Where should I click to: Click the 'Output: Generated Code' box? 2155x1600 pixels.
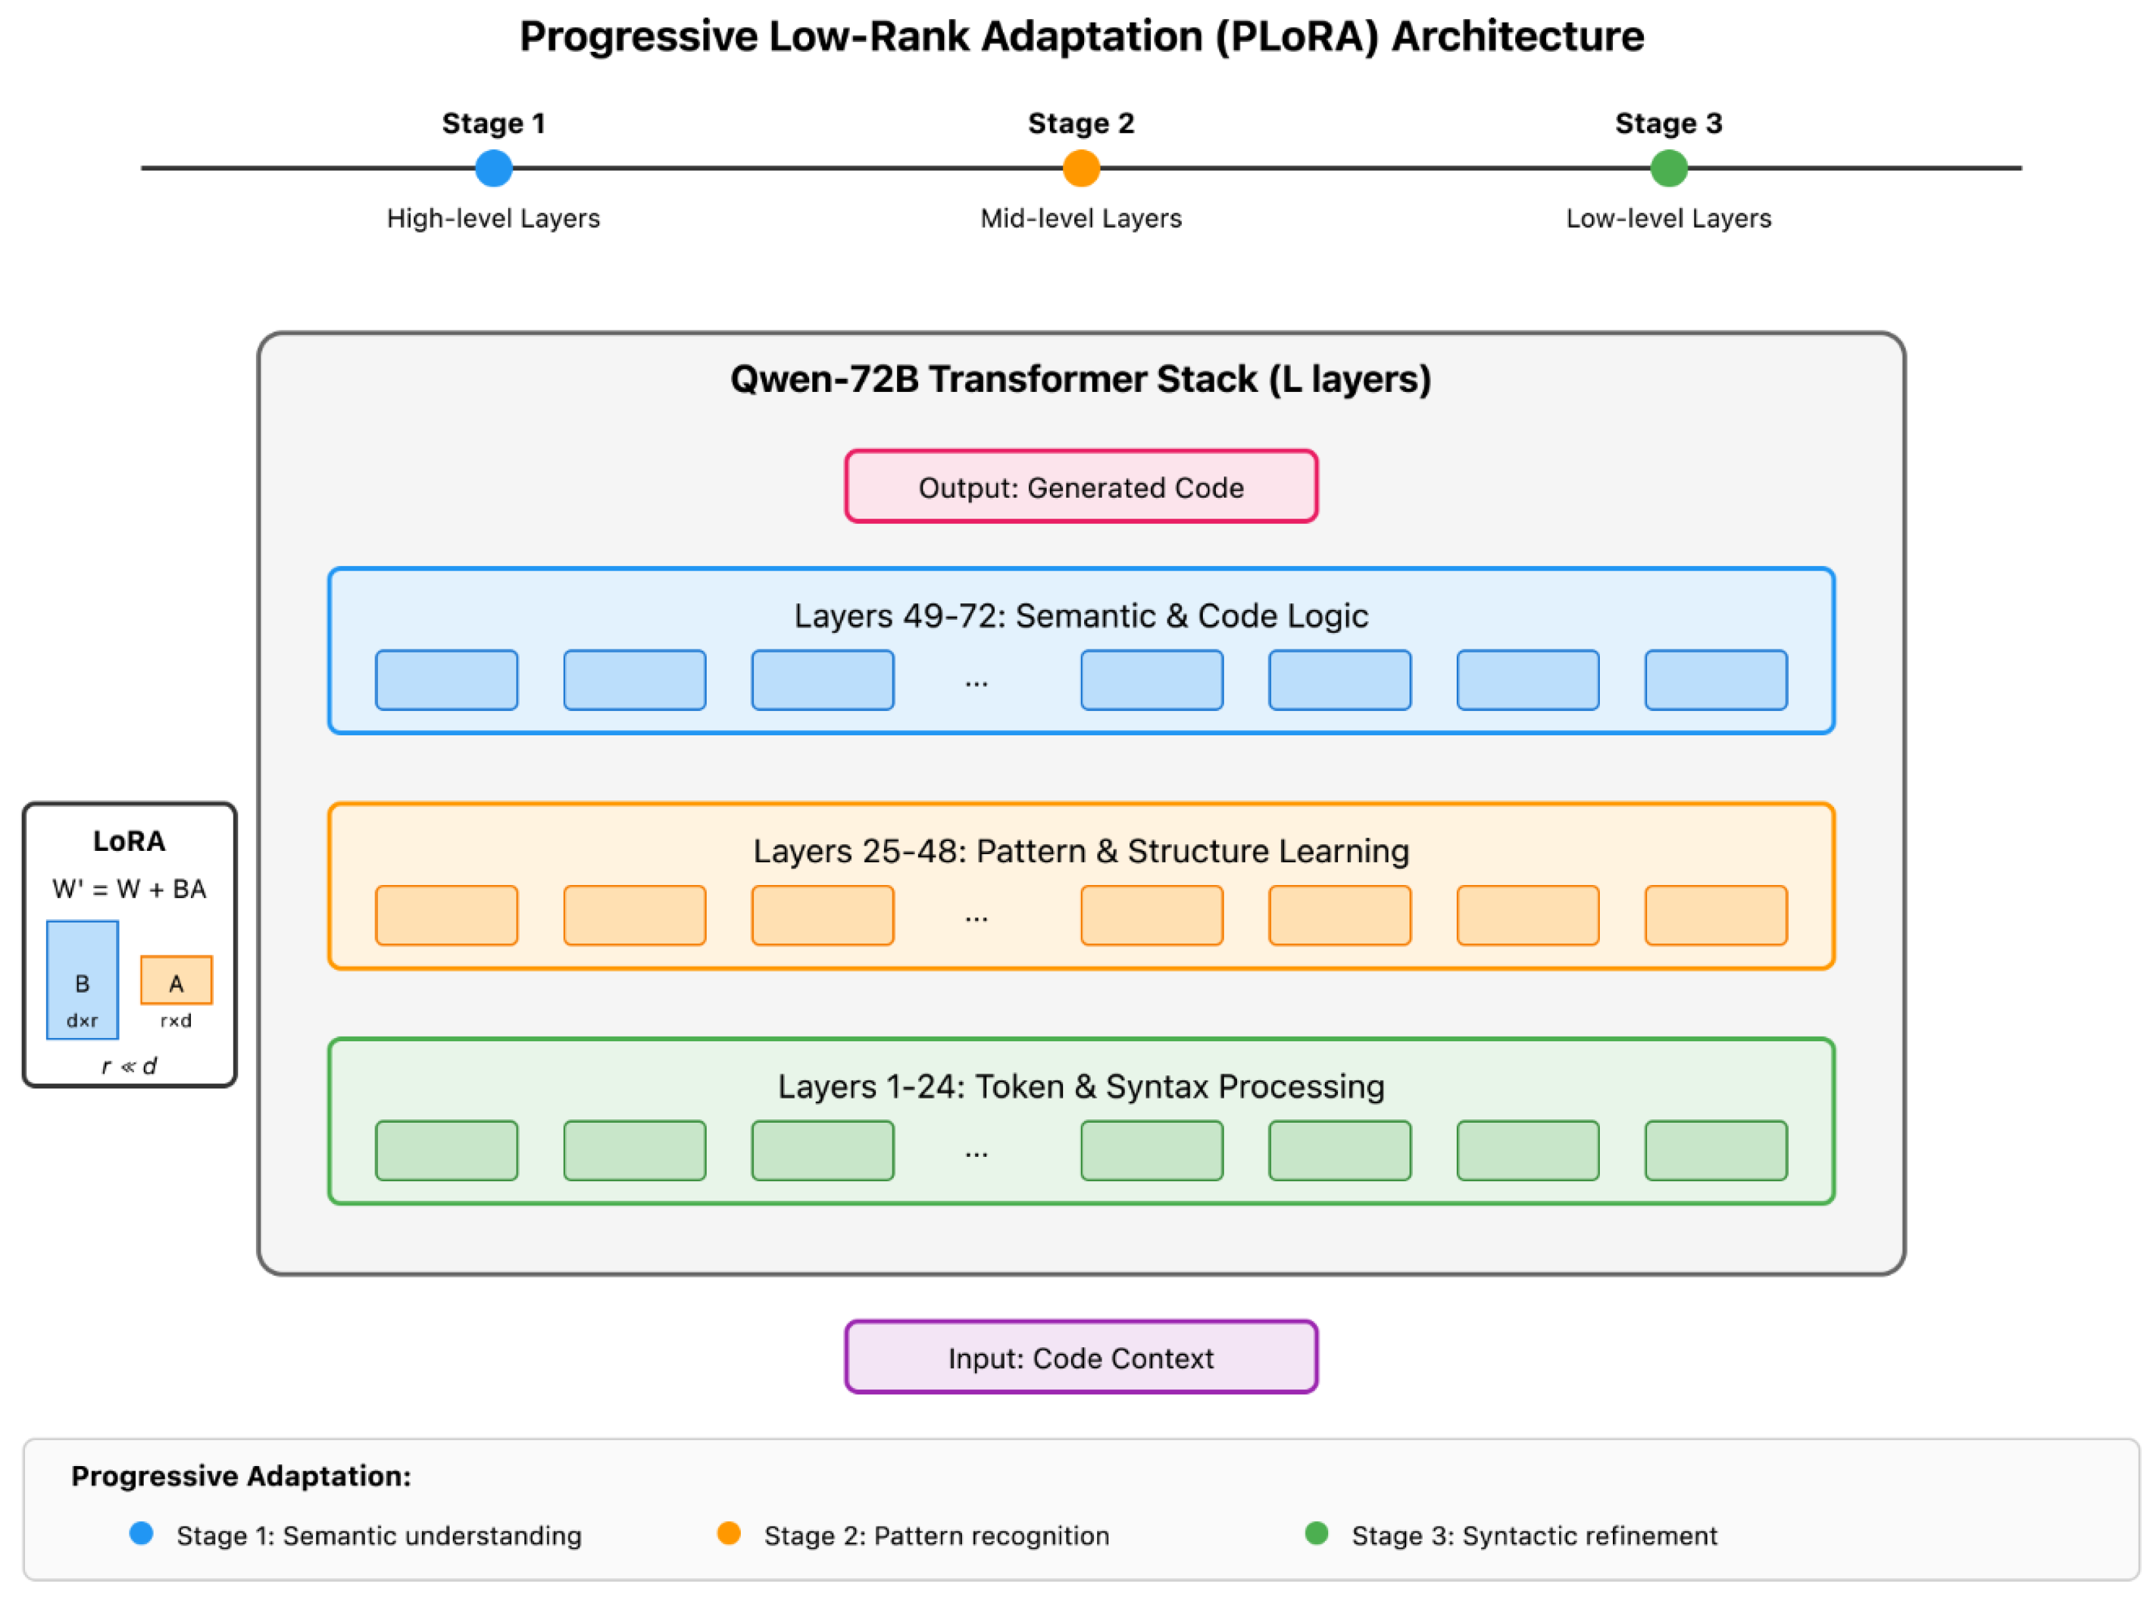click(1081, 486)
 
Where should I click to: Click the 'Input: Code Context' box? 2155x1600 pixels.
click(1081, 1357)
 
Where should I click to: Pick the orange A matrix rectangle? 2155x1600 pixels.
click(177, 980)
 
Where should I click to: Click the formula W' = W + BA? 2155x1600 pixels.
click(129, 889)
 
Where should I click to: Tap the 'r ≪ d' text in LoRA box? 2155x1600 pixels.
click(129, 1066)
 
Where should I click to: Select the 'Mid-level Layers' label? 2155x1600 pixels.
click(1081, 218)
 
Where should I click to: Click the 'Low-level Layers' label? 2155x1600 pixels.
click(1669, 218)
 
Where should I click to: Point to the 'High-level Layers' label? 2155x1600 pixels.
click(493, 218)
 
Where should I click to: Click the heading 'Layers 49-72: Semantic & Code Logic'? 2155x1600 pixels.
click(1081, 615)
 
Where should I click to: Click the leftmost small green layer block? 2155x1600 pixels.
click(446, 1151)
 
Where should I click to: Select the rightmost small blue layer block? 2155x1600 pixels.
click(1715, 680)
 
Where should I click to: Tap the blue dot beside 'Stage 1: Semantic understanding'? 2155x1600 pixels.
click(141, 1533)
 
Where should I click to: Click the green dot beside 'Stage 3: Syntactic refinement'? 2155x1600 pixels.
click(1316, 1533)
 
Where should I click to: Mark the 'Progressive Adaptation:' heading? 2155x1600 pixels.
click(241, 1475)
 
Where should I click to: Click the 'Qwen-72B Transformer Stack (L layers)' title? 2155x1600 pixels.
click(1081, 379)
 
